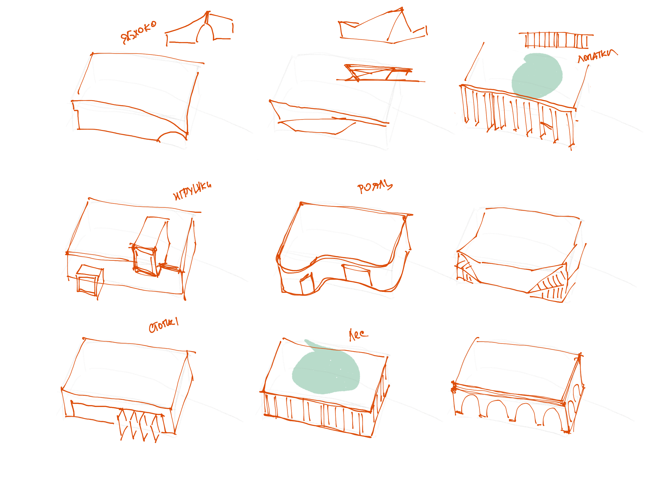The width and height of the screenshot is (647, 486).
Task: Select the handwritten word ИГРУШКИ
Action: (x=192, y=191)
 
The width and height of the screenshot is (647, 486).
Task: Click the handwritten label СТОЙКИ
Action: (x=164, y=326)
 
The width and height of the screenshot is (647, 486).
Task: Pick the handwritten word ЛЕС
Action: (x=358, y=335)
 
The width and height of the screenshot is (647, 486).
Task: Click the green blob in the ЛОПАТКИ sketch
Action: (x=537, y=75)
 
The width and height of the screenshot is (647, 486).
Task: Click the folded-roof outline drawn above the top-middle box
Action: (x=383, y=28)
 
